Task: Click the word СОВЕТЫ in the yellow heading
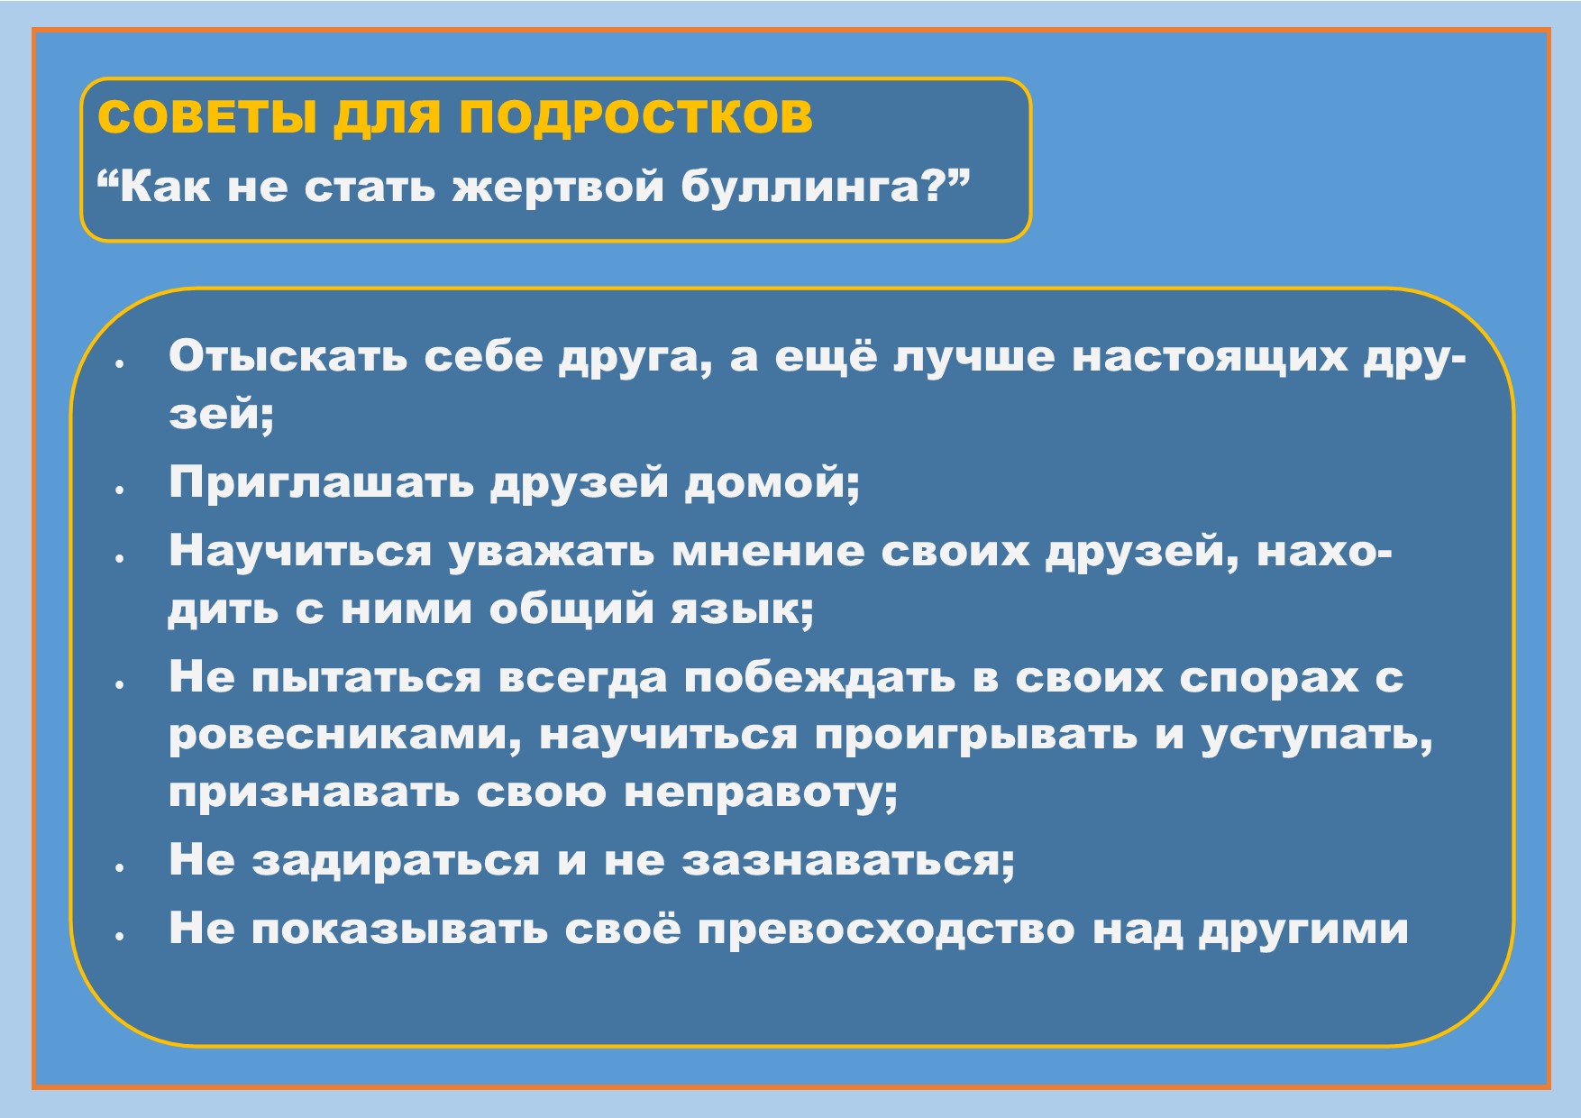click(x=206, y=117)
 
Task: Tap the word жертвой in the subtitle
click(x=558, y=187)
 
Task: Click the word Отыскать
click(x=288, y=357)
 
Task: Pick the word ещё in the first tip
click(x=826, y=357)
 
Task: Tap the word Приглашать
click(x=321, y=482)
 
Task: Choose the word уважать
click(x=552, y=552)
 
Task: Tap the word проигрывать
click(x=976, y=736)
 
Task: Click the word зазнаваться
click(x=846, y=861)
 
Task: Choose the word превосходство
click(x=886, y=930)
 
